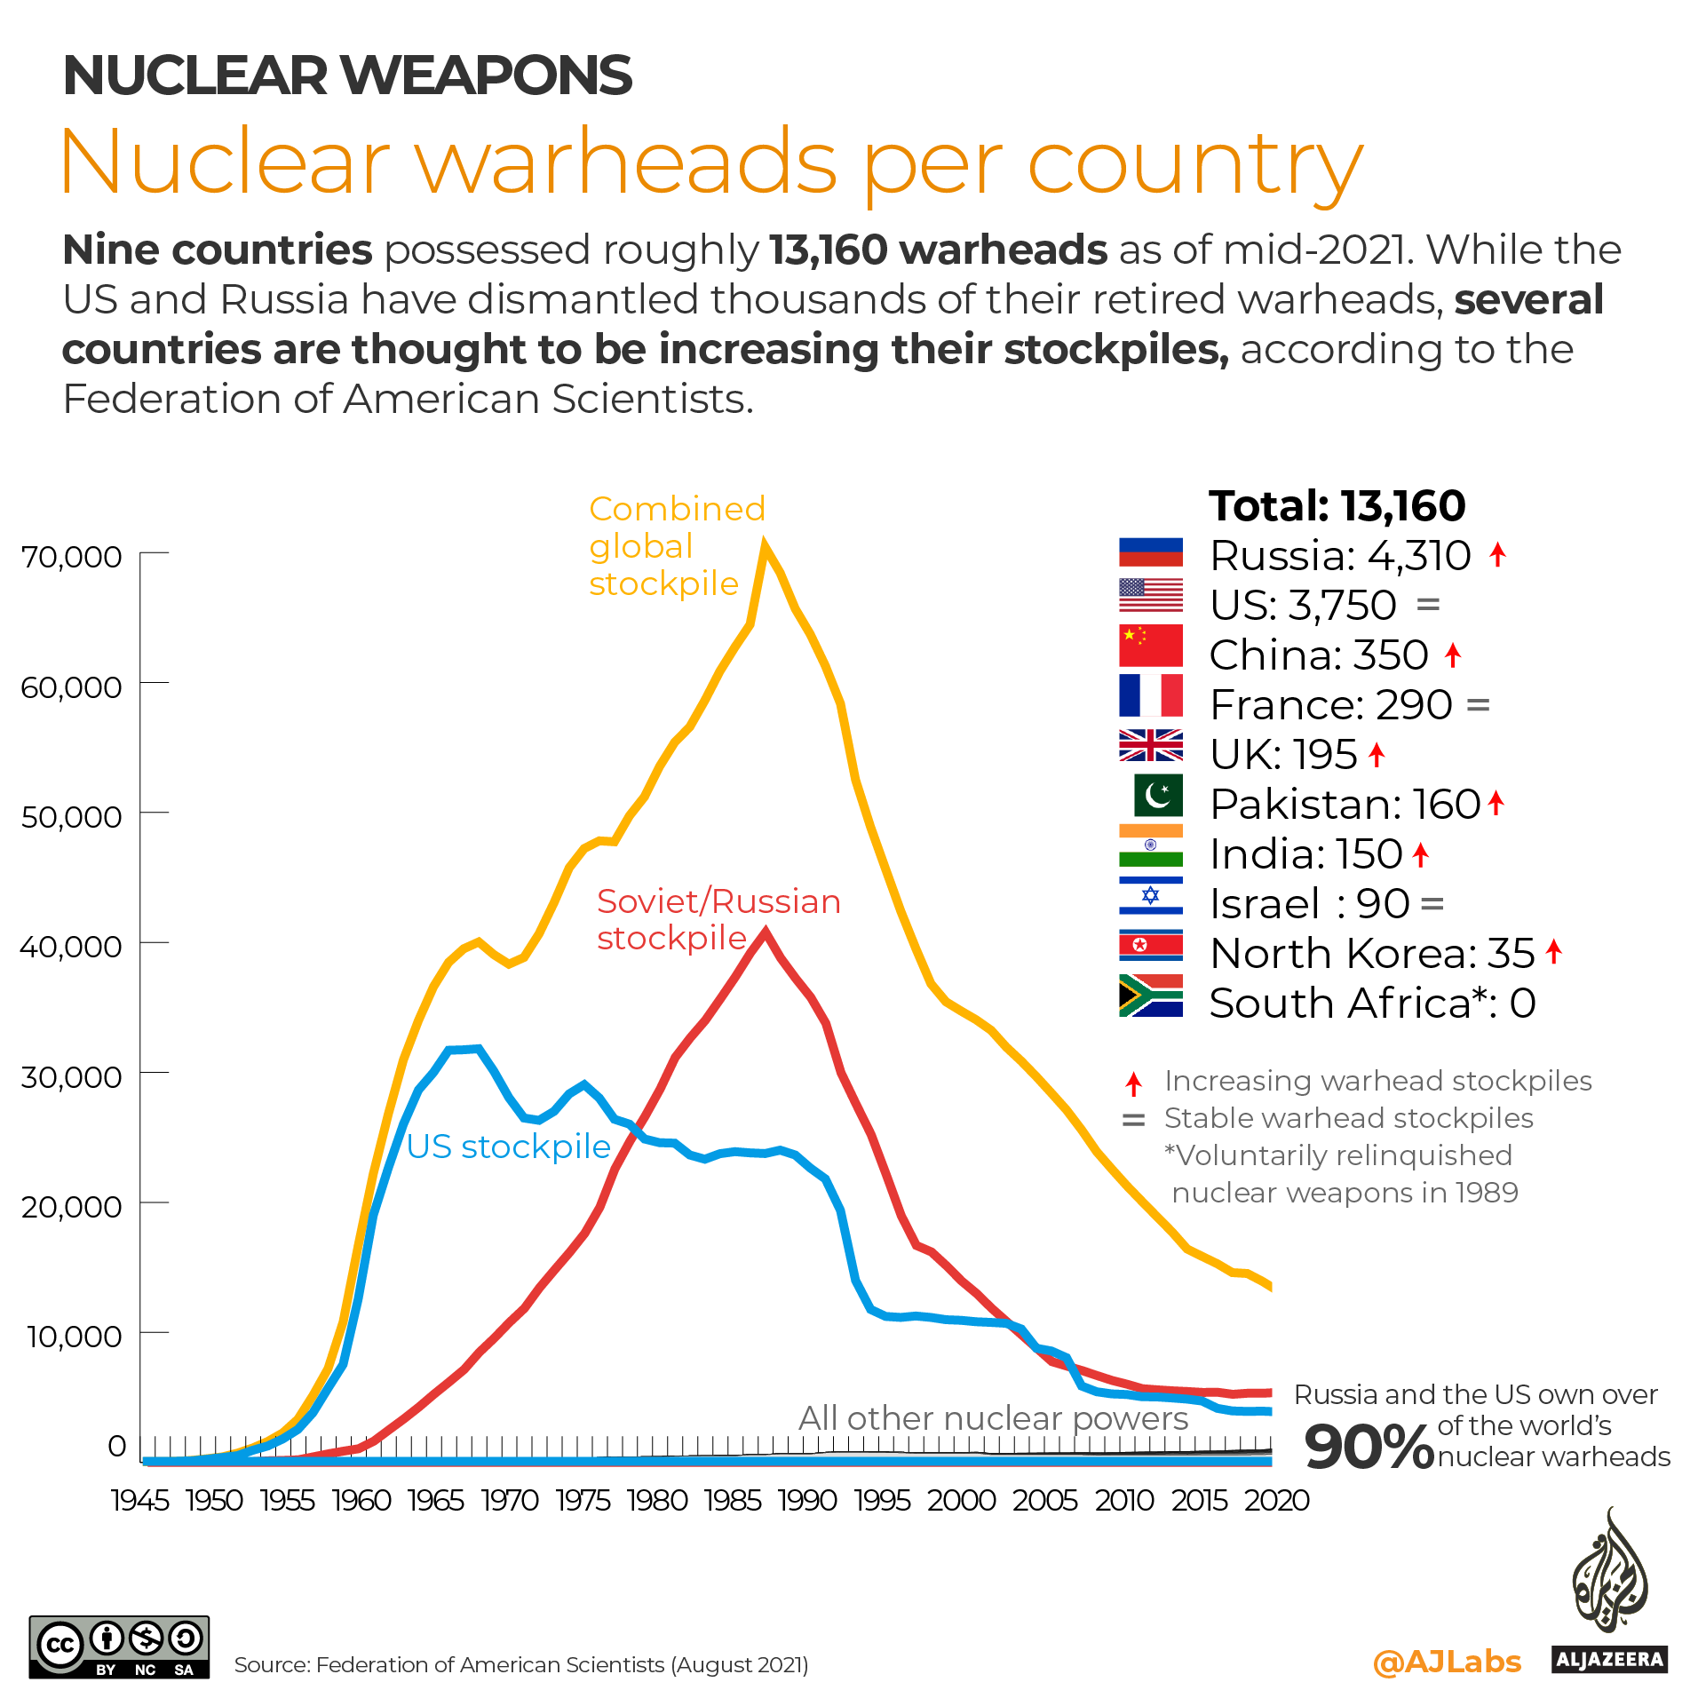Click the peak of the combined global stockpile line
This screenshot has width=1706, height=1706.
coord(765,544)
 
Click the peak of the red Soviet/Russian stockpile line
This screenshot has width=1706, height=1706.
coord(765,932)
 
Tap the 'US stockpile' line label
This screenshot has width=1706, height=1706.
coord(508,1147)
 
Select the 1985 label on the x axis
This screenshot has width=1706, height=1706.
coord(734,1501)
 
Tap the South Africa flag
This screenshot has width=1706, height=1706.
coord(1150,996)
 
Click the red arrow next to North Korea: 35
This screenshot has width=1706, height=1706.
coord(1553,951)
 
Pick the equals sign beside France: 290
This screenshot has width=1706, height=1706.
coord(1478,706)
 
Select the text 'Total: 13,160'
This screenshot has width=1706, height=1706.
coord(1337,506)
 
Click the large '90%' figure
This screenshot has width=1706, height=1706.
coord(1369,1447)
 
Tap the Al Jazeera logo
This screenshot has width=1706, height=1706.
coord(1609,1590)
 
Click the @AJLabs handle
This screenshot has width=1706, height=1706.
coord(1447,1662)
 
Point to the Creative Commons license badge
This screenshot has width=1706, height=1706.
coord(119,1646)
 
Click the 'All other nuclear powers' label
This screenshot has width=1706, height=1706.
coord(993,1418)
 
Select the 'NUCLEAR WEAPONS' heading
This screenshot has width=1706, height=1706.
coord(347,75)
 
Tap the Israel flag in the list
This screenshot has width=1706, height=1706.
coord(1150,896)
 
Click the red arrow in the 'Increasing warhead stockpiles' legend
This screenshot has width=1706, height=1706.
coord(1133,1083)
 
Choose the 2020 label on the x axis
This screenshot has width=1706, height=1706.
coord(1276,1501)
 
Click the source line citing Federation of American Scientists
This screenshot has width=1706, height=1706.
coord(521,1665)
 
